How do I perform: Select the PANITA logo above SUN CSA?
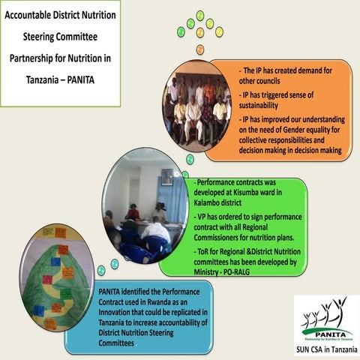tap(326, 322)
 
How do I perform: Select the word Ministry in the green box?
tap(212, 274)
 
